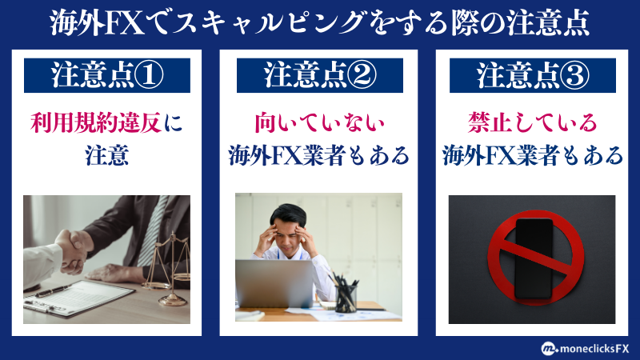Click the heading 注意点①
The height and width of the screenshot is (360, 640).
click(x=107, y=75)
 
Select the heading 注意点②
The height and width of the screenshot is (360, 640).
click(x=320, y=75)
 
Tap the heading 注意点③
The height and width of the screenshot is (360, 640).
click(x=533, y=75)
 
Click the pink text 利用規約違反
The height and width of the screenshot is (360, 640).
click(x=98, y=124)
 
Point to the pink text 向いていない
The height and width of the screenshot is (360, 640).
click(x=320, y=124)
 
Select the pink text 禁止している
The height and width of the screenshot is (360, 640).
click(x=533, y=124)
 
